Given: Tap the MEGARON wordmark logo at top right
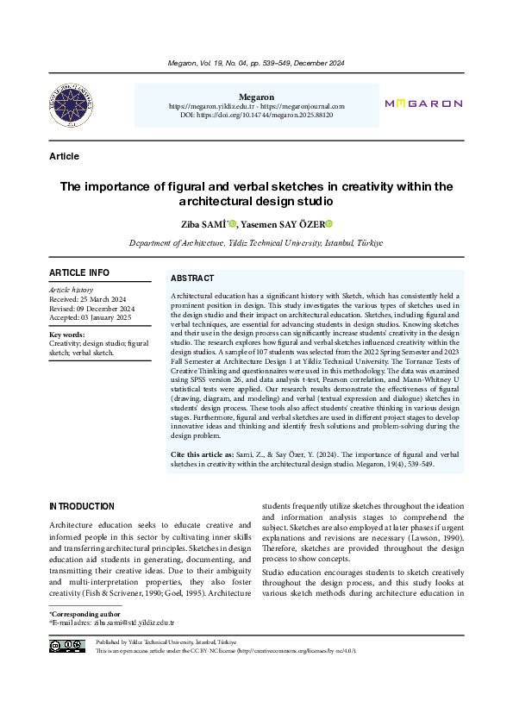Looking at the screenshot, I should coord(422,103).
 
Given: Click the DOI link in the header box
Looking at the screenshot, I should coord(256,115).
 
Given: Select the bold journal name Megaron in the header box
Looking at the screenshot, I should coord(256,97).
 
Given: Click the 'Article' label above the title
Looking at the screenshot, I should coord(65,156).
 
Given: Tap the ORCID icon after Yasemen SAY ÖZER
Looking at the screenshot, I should coord(328,224).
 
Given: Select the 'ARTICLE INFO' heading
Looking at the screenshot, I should coord(79,272).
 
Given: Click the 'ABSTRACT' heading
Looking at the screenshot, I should coord(192,279).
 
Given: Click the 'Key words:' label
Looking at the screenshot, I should coord(67,335).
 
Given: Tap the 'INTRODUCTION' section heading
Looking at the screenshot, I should coord(82,506).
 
